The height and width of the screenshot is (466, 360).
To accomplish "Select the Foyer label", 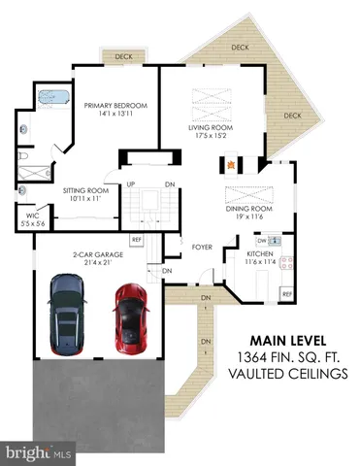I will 202,247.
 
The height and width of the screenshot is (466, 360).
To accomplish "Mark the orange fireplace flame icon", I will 258,164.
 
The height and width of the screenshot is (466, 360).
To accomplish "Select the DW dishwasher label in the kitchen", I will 261,240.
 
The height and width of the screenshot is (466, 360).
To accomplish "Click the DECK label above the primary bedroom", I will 123,57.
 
